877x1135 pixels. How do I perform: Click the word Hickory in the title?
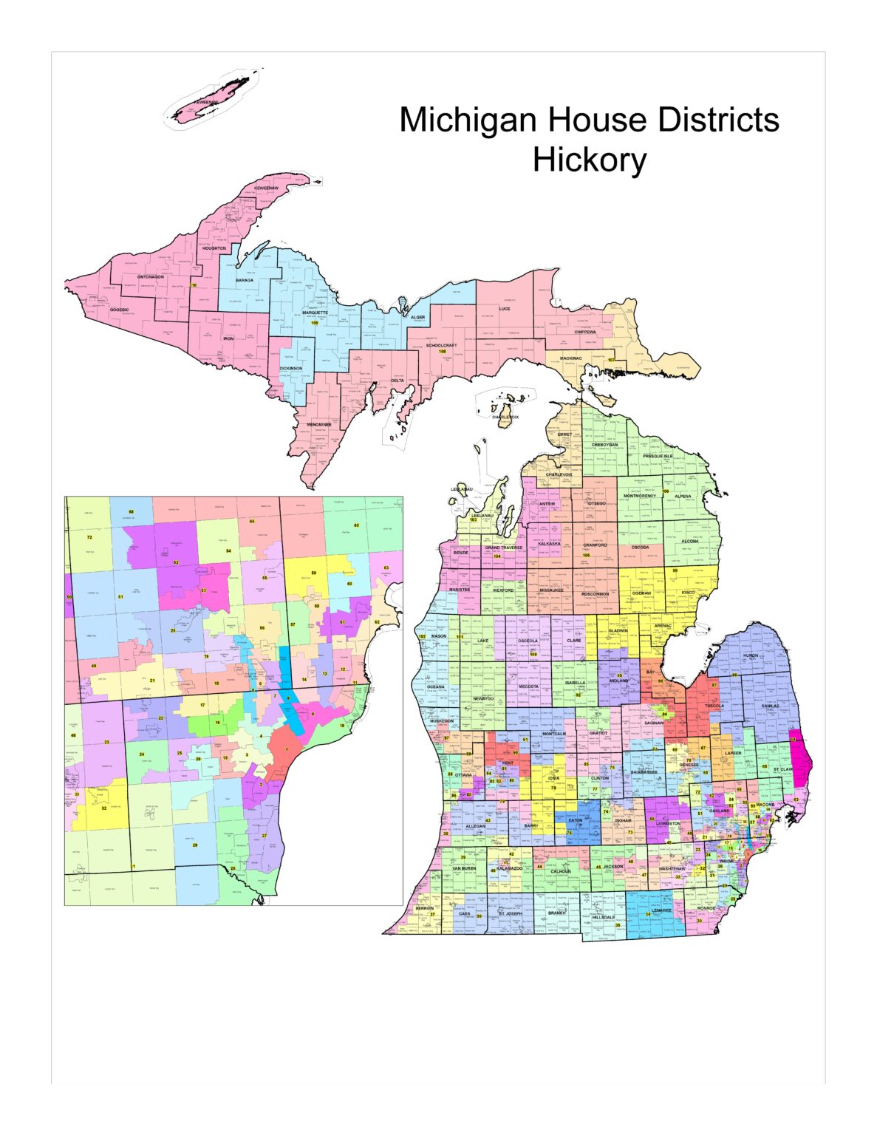(589, 160)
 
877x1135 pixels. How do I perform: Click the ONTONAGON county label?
(150, 277)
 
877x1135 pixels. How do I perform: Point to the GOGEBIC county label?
(120, 310)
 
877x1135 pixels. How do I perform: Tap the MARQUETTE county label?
(315, 313)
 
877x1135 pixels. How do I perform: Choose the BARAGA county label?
(245, 280)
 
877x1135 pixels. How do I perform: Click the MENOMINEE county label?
(319, 424)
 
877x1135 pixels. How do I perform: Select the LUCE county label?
(504, 309)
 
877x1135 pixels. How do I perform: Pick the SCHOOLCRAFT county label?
(441, 345)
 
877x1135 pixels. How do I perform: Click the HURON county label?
(750, 655)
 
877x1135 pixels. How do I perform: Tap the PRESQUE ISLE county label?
(657, 456)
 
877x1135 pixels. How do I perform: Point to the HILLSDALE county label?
(603, 917)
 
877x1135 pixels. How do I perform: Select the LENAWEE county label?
(662, 910)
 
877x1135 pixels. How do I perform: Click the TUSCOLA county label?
(714, 706)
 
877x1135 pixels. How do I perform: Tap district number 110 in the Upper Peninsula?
(194, 285)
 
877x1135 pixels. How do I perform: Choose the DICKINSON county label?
(290, 368)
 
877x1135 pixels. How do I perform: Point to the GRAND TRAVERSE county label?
(503, 548)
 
